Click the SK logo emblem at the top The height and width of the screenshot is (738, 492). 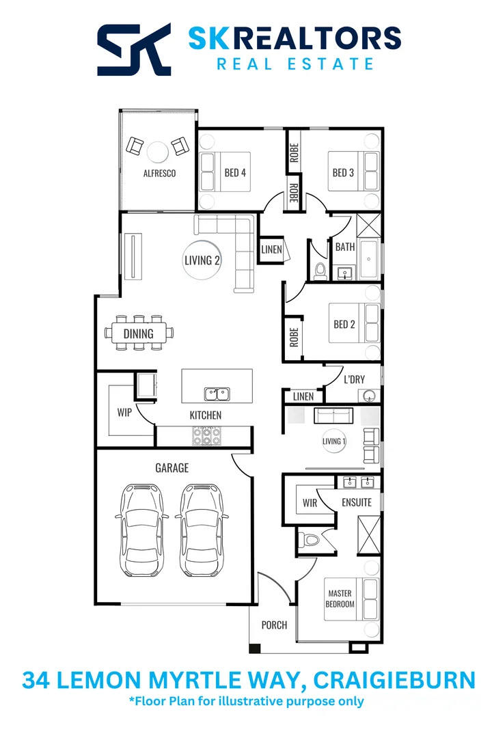tap(134, 50)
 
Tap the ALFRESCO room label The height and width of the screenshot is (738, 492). tap(159, 174)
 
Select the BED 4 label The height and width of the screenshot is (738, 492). tap(235, 172)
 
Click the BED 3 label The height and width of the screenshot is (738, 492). tap(343, 172)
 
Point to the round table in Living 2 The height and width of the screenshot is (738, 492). tap(202, 260)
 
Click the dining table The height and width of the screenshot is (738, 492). tap(139, 333)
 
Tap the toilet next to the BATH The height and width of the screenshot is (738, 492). tap(320, 271)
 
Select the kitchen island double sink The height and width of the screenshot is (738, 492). tap(217, 394)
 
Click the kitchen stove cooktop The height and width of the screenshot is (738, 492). tap(206, 435)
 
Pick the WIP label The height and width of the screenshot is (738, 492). tap(124, 413)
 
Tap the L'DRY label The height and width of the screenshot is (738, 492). tap(354, 379)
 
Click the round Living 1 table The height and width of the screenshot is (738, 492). tap(334, 441)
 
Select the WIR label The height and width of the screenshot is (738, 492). tap(310, 503)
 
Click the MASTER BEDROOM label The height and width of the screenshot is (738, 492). tap(340, 599)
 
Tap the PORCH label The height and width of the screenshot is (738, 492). tap(275, 625)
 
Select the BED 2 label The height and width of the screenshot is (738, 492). tap(344, 325)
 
